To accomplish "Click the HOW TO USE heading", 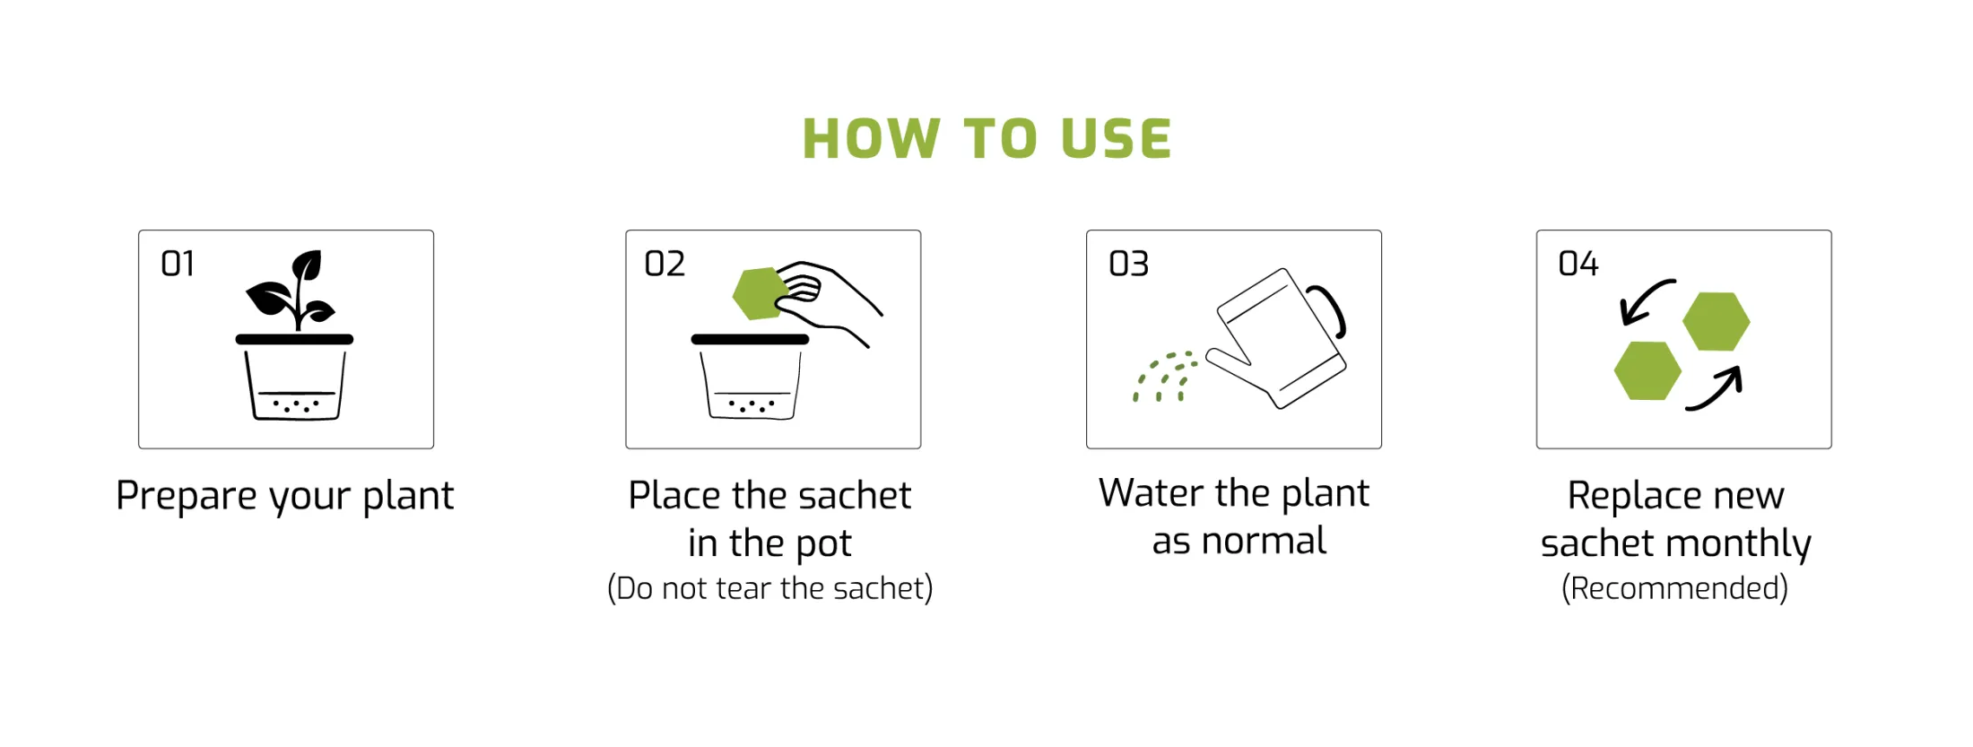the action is point(986,139).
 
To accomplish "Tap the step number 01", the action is point(178,264).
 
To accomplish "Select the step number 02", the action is point(665,264).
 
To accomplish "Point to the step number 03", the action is point(1128,264).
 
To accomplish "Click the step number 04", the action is point(1578,264).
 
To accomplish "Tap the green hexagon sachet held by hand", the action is point(761,293).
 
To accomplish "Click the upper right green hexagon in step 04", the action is point(1716,321).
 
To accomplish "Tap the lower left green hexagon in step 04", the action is point(1647,370).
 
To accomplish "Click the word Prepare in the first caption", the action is point(187,497).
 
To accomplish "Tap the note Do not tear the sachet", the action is point(770,588).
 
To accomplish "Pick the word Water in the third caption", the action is point(1152,493).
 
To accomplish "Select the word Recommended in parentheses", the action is point(1674,588).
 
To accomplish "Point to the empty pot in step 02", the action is point(751,377).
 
